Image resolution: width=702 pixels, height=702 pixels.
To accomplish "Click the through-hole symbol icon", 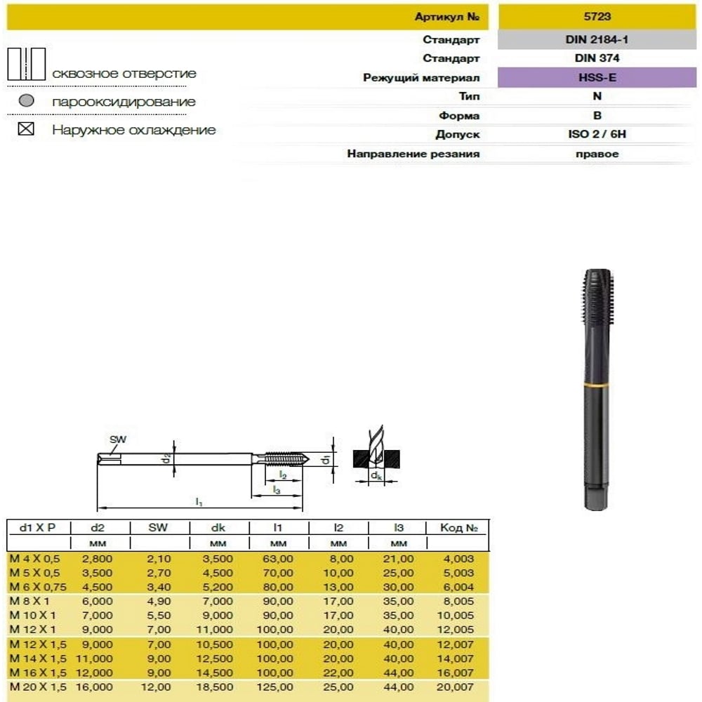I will click(26, 64).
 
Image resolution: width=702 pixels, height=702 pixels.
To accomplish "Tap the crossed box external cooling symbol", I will click(27, 130).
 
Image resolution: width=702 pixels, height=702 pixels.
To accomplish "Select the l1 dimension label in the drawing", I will click(199, 502).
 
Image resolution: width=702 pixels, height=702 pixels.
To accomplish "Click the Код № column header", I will click(458, 528).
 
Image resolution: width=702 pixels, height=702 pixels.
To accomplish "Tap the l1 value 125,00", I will click(278, 687).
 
